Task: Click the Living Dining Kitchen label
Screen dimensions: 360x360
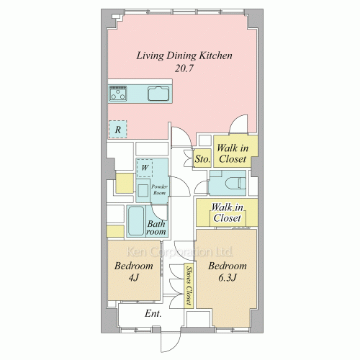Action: (184, 56)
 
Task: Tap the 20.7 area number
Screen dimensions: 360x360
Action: (184, 68)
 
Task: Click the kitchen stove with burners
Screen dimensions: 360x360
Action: (117, 93)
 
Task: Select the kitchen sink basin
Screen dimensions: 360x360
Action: (158, 93)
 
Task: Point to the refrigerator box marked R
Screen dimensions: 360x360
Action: (117, 130)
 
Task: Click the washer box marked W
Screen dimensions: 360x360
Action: (145, 168)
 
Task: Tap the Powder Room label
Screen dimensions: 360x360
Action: (159, 189)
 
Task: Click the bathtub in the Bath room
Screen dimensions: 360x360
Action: (136, 221)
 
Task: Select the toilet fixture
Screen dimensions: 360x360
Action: (235, 184)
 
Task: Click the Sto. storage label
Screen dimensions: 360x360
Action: (202, 158)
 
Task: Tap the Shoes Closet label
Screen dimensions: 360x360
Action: (189, 286)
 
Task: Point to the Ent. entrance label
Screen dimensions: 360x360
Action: (153, 313)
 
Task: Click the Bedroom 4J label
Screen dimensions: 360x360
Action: (134, 271)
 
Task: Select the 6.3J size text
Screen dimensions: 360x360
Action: (228, 278)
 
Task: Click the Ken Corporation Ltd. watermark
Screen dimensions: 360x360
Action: (179, 251)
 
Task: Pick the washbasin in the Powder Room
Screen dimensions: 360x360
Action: (143, 191)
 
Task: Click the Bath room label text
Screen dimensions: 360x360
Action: (156, 228)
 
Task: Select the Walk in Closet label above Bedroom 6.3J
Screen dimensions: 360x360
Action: (227, 212)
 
